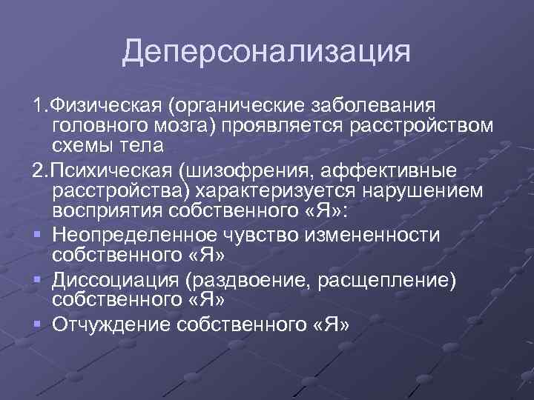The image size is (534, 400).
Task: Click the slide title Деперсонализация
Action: click(266, 52)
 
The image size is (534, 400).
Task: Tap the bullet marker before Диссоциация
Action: click(36, 281)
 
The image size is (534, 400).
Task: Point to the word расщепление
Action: click(381, 280)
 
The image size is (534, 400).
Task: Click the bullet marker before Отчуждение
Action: click(36, 325)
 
